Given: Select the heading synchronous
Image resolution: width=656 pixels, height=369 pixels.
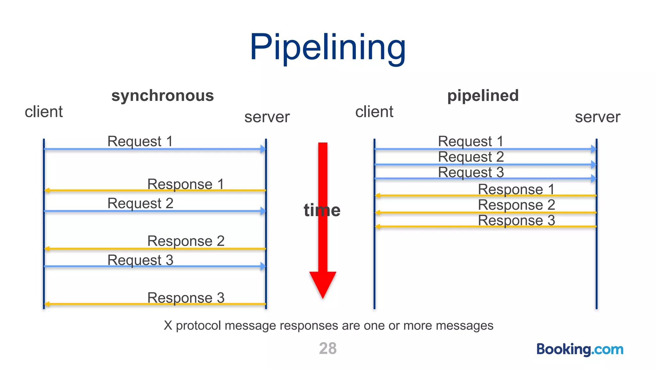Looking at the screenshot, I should [x=162, y=96].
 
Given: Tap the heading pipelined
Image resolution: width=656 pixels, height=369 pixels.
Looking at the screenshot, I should [x=483, y=96].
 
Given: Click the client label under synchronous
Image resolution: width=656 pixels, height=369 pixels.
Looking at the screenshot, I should [x=44, y=112].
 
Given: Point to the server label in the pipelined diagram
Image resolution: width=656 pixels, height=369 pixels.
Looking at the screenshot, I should [x=597, y=117].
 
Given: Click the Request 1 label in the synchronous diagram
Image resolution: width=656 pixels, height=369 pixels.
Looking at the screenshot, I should [x=140, y=141].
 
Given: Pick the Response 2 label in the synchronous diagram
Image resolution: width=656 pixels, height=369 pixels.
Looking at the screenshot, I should [x=186, y=241].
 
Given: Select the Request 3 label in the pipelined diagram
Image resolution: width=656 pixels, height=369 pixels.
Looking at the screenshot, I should [x=471, y=172].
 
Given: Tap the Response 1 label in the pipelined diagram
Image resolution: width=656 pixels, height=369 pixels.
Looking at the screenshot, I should [x=516, y=189].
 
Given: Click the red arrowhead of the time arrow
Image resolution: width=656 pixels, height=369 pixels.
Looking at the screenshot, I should [x=323, y=283].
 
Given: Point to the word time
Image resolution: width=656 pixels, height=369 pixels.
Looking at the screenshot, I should [x=322, y=210].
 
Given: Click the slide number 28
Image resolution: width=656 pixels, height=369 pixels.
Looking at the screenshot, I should [x=328, y=348].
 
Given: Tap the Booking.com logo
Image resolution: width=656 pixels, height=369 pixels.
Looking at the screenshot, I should [x=580, y=349].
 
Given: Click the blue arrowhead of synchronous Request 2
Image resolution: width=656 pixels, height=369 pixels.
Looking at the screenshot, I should [x=263, y=211].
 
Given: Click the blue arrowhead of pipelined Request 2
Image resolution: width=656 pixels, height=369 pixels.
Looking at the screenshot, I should [x=594, y=165].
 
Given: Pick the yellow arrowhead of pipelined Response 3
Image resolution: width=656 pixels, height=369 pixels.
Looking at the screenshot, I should [x=378, y=226].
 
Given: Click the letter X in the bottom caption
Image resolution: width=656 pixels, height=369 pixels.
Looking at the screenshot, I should [x=168, y=325].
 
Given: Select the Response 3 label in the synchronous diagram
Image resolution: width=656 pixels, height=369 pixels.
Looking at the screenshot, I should [x=186, y=298].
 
